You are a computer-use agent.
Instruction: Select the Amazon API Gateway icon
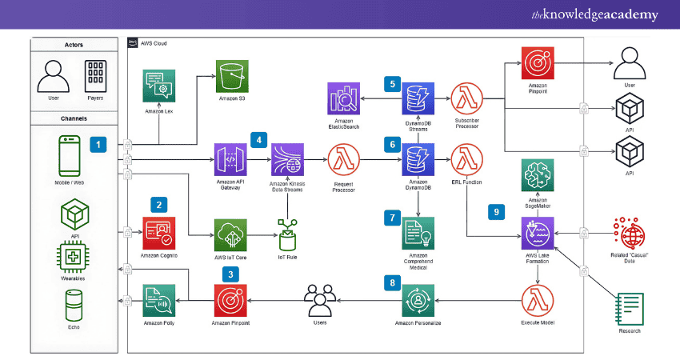(x=229, y=160)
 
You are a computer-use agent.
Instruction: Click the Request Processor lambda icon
(x=344, y=160)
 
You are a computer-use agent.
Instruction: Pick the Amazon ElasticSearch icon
(x=343, y=98)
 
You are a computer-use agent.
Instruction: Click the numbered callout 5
(x=392, y=82)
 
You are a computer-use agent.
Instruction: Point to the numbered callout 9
(x=496, y=211)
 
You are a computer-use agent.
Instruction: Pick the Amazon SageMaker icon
(x=538, y=175)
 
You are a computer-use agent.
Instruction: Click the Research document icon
(x=630, y=308)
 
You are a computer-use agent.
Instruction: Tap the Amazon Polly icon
(x=159, y=302)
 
